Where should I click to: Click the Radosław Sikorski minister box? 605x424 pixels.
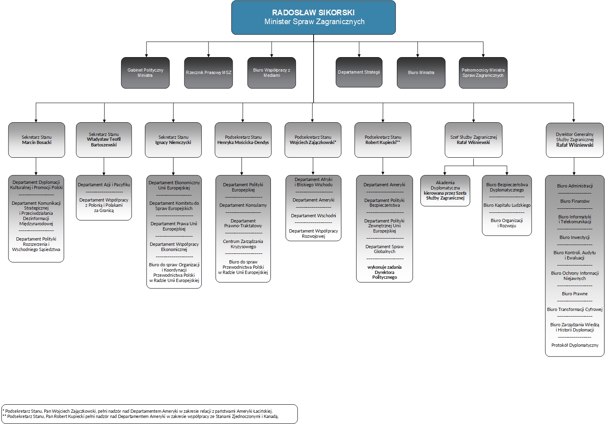pos(313,17)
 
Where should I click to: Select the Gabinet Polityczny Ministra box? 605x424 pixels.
pos(145,73)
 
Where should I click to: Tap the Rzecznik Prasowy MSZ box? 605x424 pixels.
pos(209,73)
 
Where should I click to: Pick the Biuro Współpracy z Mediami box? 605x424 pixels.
pos(272,73)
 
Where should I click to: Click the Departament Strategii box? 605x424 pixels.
pos(359,72)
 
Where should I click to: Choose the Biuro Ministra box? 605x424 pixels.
pos(421,73)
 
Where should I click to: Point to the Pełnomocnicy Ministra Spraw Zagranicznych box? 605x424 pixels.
pos(483,73)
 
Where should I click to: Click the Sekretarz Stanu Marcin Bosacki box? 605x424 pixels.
pos(37,140)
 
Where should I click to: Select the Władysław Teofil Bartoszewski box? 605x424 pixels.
pos(104,140)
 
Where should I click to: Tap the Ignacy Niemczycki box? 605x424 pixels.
pos(173,140)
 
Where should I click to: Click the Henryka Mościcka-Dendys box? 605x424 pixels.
pos(243,140)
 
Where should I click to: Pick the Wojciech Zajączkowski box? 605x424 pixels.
pos(313,140)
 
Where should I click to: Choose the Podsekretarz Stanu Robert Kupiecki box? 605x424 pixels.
pos(383,140)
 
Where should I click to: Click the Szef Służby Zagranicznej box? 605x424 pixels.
pos(473,140)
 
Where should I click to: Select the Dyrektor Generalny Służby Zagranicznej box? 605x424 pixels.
pos(575,140)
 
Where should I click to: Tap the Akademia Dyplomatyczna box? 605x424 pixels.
pos(445,190)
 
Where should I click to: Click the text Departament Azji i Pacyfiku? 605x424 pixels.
pos(104,185)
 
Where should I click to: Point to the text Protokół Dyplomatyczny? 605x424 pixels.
pos(575,345)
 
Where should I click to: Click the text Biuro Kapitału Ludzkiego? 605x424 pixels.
pos(507,205)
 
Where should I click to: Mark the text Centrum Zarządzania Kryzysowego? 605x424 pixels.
pos(243,244)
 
